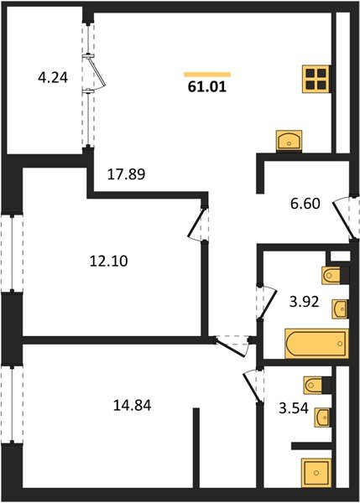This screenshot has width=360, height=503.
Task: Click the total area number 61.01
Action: tap(206, 85)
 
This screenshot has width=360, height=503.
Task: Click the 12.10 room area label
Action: tap(108, 261)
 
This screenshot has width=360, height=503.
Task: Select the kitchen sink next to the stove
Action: tap(290, 140)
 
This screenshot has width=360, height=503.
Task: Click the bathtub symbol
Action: tap(316, 344)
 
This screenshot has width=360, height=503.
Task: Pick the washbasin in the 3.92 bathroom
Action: tap(339, 309)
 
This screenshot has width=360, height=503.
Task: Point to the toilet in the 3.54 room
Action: tap(316, 385)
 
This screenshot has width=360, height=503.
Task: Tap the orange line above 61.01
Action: tap(206, 74)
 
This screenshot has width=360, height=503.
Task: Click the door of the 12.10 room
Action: tap(197, 222)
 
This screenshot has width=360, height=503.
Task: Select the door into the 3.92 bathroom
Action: tap(265, 303)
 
